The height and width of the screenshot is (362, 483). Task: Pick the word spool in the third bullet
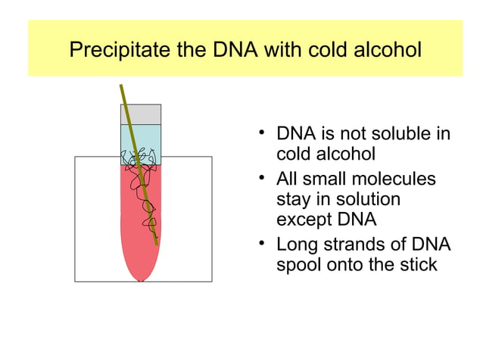[x=300, y=266]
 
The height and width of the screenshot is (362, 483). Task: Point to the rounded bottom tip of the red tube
[x=141, y=278]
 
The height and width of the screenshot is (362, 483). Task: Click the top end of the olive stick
[x=121, y=86]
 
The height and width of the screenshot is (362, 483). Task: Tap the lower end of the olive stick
[x=157, y=243]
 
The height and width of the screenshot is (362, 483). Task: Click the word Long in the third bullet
[x=295, y=245]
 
